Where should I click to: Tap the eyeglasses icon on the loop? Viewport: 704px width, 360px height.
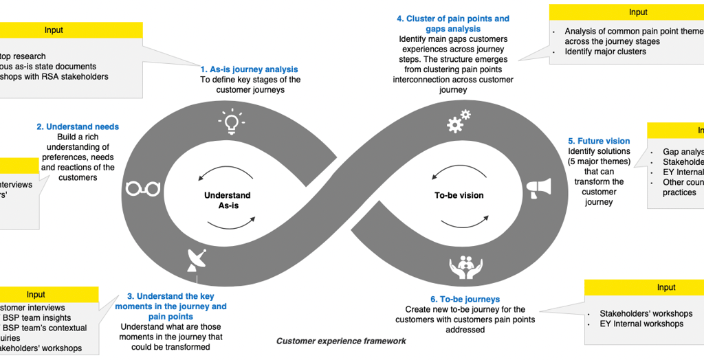[143, 188]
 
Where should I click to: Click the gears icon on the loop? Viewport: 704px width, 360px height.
[458, 122]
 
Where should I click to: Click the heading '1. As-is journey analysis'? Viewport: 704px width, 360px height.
[249, 69]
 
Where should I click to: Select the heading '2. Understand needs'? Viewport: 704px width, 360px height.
[78, 126]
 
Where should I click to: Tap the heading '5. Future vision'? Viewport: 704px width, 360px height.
[599, 141]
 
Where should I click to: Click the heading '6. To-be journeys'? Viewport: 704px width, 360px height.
[465, 300]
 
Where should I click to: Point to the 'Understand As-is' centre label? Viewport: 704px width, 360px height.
[228, 201]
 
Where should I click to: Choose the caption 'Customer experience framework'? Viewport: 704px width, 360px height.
[341, 341]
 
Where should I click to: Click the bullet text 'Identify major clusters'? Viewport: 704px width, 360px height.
[605, 52]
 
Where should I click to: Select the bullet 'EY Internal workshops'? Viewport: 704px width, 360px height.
[641, 324]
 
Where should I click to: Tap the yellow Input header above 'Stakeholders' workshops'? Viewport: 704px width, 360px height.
[665, 287]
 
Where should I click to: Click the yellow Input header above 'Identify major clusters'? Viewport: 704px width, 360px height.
[637, 12]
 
